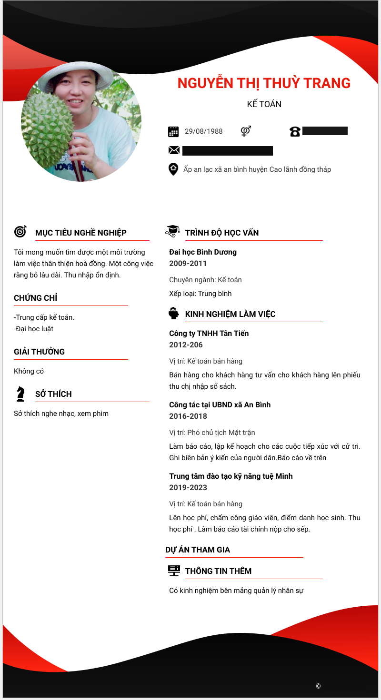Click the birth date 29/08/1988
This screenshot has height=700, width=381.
pyautogui.click(x=203, y=131)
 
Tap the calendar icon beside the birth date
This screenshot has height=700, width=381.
pyautogui.click(x=173, y=131)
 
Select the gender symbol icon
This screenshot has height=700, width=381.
pyautogui.click(x=246, y=131)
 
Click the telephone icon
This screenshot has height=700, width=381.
pyautogui.click(x=295, y=131)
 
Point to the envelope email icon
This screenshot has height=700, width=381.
pyautogui.click(x=174, y=150)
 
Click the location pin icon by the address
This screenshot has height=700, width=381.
pyautogui.click(x=173, y=169)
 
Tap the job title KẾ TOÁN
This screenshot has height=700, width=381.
pyautogui.click(x=264, y=104)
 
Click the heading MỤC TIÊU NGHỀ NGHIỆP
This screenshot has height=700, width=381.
pyautogui.click(x=81, y=233)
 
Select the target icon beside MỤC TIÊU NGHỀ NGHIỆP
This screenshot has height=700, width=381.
pyautogui.click(x=20, y=231)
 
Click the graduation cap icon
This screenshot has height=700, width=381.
pyautogui.click(x=172, y=231)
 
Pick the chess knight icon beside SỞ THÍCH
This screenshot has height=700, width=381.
pyautogui.click(x=20, y=394)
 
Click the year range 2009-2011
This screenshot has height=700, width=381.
pyautogui.click(x=188, y=264)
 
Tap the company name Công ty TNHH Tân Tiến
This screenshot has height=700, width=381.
pyautogui.click(x=209, y=334)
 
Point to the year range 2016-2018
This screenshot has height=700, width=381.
pyautogui.click(x=188, y=416)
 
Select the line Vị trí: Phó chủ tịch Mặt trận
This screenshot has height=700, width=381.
pyautogui.click(x=212, y=433)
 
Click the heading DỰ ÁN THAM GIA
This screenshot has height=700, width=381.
pyautogui.click(x=198, y=550)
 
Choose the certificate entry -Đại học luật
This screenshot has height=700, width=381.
pyautogui.click(x=33, y=329)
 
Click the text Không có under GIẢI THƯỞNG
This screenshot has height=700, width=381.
pyautogui.click(x=29, y=371)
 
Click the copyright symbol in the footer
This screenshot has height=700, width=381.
pyautogui.click(x=318, y=686)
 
